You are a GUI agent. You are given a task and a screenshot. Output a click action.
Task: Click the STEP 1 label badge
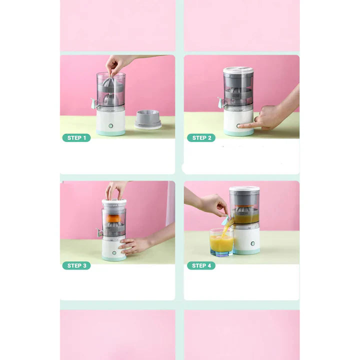(x=76, y=138)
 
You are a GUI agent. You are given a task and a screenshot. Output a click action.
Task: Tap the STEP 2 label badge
(x=201, y=138)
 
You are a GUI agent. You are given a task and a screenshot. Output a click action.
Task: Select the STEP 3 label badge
(x=76, y=265)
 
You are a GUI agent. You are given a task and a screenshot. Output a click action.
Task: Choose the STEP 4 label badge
(x=201, y=265)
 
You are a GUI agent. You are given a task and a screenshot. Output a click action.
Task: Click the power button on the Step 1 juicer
(x=111, y=126)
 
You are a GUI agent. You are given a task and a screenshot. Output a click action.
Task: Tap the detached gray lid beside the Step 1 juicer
(x=148, y=119)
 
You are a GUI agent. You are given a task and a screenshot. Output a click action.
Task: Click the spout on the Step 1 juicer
(x=94, y=103)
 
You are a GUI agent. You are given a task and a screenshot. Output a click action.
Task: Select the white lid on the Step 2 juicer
(x=238, y=70)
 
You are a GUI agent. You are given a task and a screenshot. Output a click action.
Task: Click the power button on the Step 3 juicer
(x=114, y=253)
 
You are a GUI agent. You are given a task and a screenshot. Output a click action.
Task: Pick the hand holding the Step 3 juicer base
(x=134, y=245)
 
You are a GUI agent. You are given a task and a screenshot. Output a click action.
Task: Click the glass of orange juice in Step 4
(x=221, y=242)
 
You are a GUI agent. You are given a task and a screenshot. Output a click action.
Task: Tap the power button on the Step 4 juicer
(x=253, y=243)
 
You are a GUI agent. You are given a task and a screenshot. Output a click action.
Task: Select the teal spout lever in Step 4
(x=225, y=220)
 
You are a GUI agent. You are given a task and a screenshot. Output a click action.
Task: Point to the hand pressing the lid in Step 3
(x=115, y=190)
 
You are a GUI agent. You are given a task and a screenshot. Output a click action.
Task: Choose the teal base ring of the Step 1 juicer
(x=111, y=132)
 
